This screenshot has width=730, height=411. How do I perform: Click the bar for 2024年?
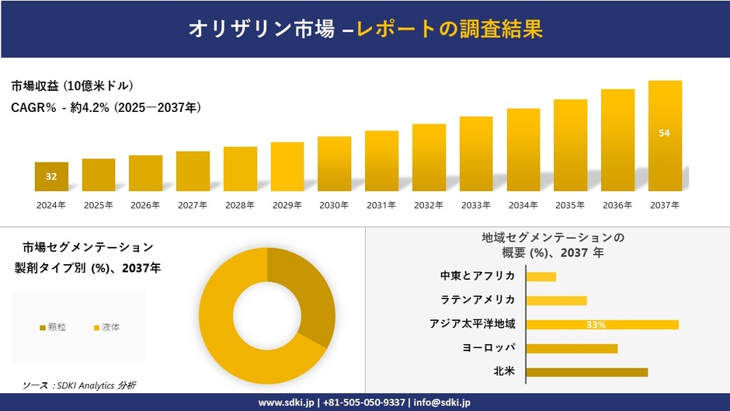point(51,177)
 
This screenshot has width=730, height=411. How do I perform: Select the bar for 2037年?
point(665,136)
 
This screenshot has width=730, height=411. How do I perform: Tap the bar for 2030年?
point(334,164)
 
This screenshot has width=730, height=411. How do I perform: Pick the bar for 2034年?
point(523,150)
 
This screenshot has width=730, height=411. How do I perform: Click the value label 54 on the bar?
point(664,133)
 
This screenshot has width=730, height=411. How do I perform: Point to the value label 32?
point(51,176)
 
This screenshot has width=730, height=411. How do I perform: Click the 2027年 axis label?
point(193,205)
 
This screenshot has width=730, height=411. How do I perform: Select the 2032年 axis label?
point(429,205)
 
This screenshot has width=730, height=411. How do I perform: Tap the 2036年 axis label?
point(617,205)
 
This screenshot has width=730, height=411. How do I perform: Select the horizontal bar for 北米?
point(586,372)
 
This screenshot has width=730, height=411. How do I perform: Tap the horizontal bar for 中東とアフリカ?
point(541,277)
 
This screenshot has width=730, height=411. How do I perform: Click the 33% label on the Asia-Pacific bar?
point(596,325)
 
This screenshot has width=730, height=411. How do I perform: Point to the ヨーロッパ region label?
point(488,347)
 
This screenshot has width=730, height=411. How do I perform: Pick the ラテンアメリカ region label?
point(478,300)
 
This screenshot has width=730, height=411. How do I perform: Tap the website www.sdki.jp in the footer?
point(286,402)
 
